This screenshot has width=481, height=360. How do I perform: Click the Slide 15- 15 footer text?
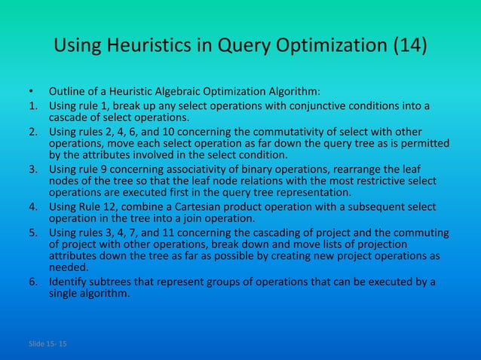(47, 344)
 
